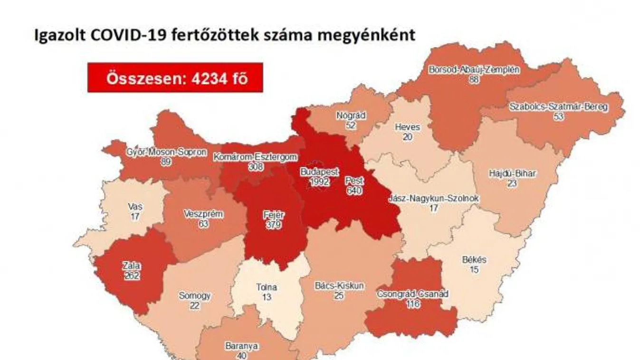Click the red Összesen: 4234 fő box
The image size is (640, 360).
pyautogui.click(x=175, y=78)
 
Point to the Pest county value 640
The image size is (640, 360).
pyautogui.click(x=354, y=191)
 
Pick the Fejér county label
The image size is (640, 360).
pyautogui.click(x=274, y=214)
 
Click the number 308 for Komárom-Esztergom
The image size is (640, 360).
pyautogui.click(x=256, y=167)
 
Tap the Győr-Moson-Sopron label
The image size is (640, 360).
pyautogui.click(x=166, y=153)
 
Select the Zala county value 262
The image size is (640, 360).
pyautogui.click(x=132, y=275)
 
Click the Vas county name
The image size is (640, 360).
pyautogui.click(x=135, y=207)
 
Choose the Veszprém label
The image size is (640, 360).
pyautogui.click(x=203, y=214)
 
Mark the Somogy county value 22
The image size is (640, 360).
pyautogui.click(x=194, y=305)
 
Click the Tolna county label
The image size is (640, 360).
pyautogui.click(x=266, y=287)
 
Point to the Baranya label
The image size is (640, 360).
pyautogui.click(x=242, y=346)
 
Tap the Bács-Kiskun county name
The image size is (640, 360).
pyautogui.click(x=339, y=286)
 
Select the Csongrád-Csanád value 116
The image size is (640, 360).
pyautogui.click(x=413, y=303)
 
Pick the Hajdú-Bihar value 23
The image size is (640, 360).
pyautogui.click(x=512, y=183)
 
